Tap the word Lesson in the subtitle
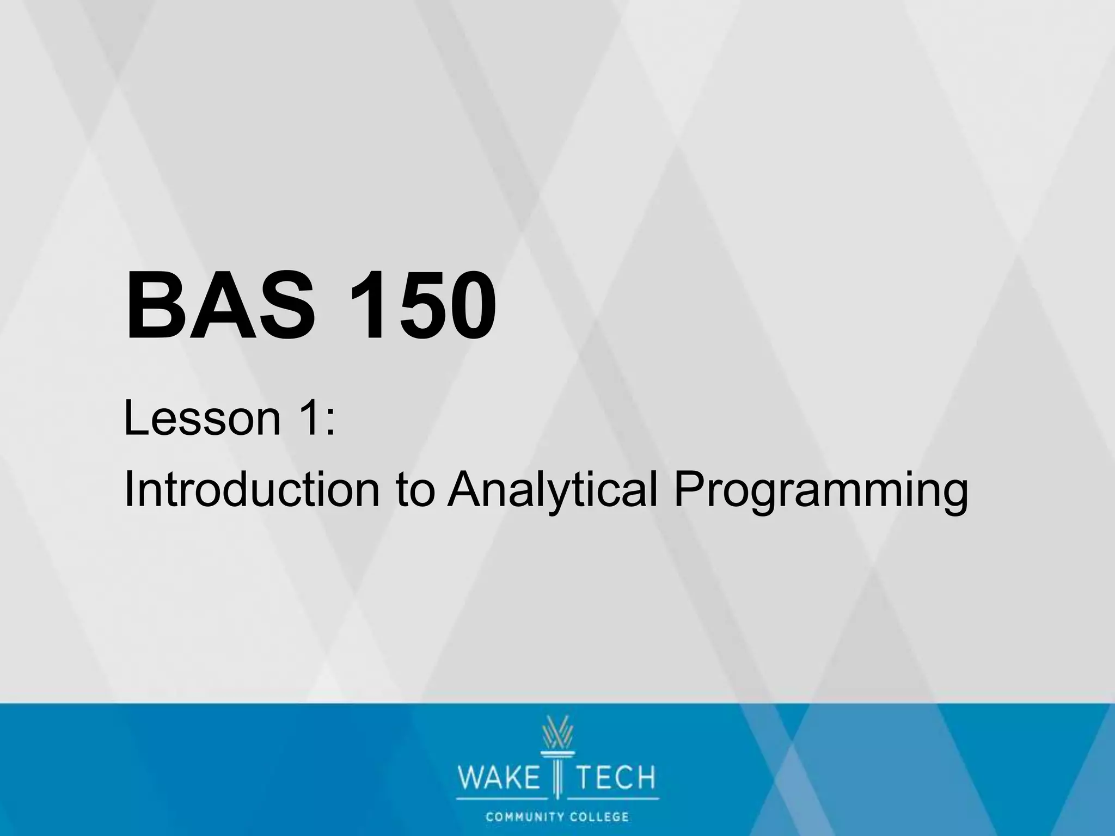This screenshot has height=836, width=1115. click(x=202, y=419)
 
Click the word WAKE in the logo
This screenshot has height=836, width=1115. click(x=498, y=778)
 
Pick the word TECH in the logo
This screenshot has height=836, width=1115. click(x=616, y=778)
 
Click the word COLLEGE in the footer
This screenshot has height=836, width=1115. click(x=599, y=817)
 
